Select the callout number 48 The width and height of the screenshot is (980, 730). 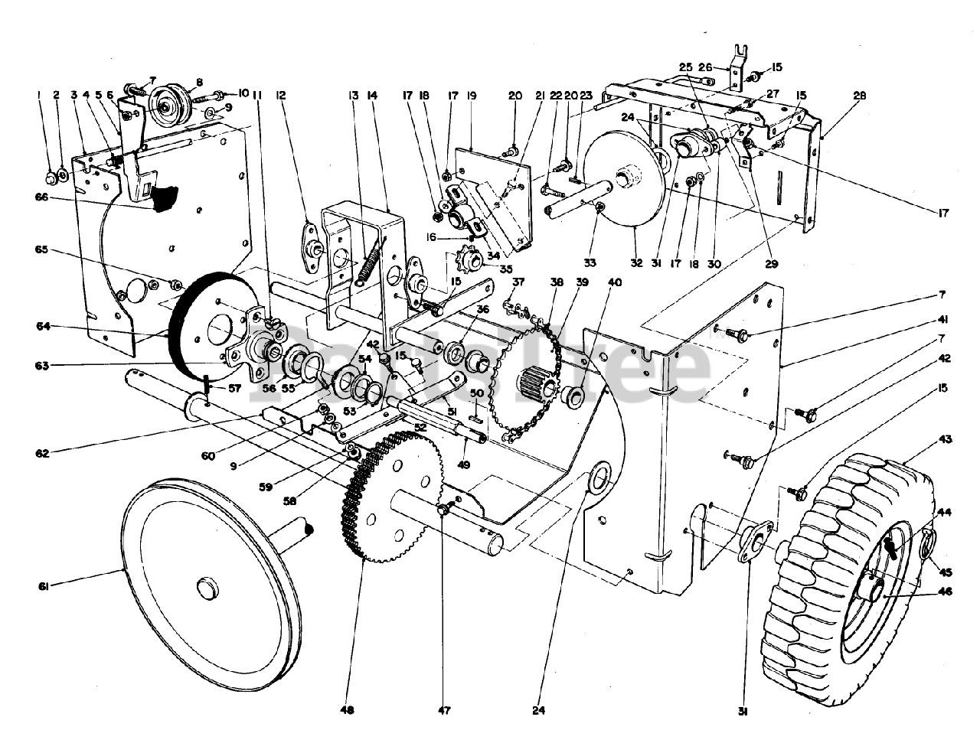pos(348,710)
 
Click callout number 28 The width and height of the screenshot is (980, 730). pos(861,96)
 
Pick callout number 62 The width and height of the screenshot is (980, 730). pos(42,453)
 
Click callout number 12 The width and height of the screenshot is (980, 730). pos(281,96)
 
